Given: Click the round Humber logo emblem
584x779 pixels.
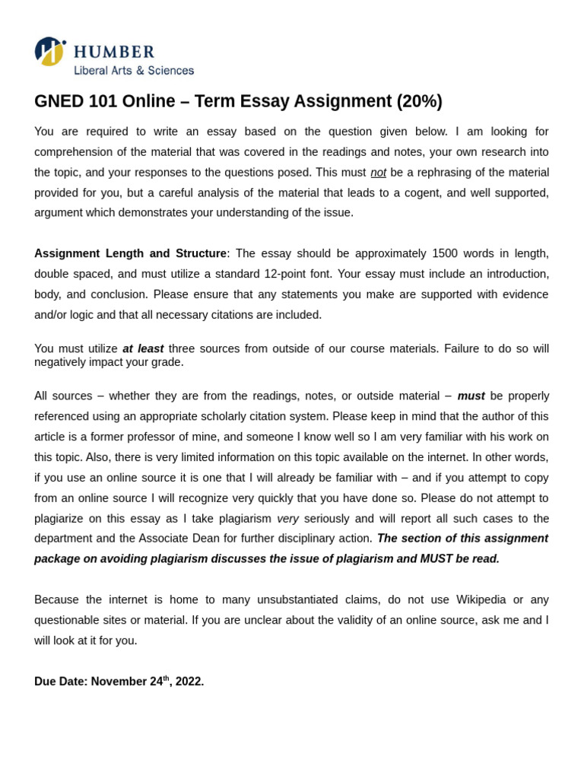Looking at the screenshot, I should click(x=49, y=51).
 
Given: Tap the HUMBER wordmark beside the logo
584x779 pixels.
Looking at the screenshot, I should click(x=114, y=52).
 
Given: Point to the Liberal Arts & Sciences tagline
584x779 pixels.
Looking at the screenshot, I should click(x=134, y=71).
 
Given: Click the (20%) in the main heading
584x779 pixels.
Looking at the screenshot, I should click(x=419, y=101).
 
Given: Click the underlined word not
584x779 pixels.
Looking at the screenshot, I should click(x=378, y=172).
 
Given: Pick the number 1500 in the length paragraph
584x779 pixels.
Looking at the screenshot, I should click(x=445, y=253).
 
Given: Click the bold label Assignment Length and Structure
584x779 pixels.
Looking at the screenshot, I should click(x=130, y=253).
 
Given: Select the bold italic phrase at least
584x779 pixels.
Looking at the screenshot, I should click(x=143, y=348).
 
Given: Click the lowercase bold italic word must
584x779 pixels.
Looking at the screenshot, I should click(x=471, y=396).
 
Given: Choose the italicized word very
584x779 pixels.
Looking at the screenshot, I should click(x=287, y=518).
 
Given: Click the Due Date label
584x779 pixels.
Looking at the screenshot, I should click(x=61, y=682).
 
